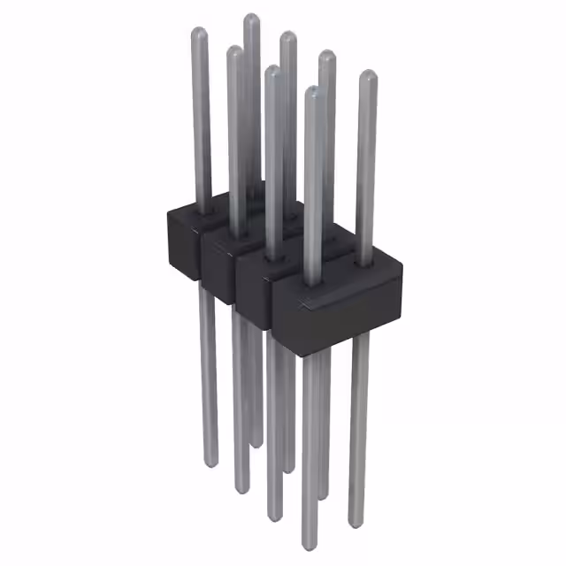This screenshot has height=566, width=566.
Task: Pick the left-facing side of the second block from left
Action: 217,265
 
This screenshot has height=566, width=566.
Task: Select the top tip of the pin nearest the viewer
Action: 312,89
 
